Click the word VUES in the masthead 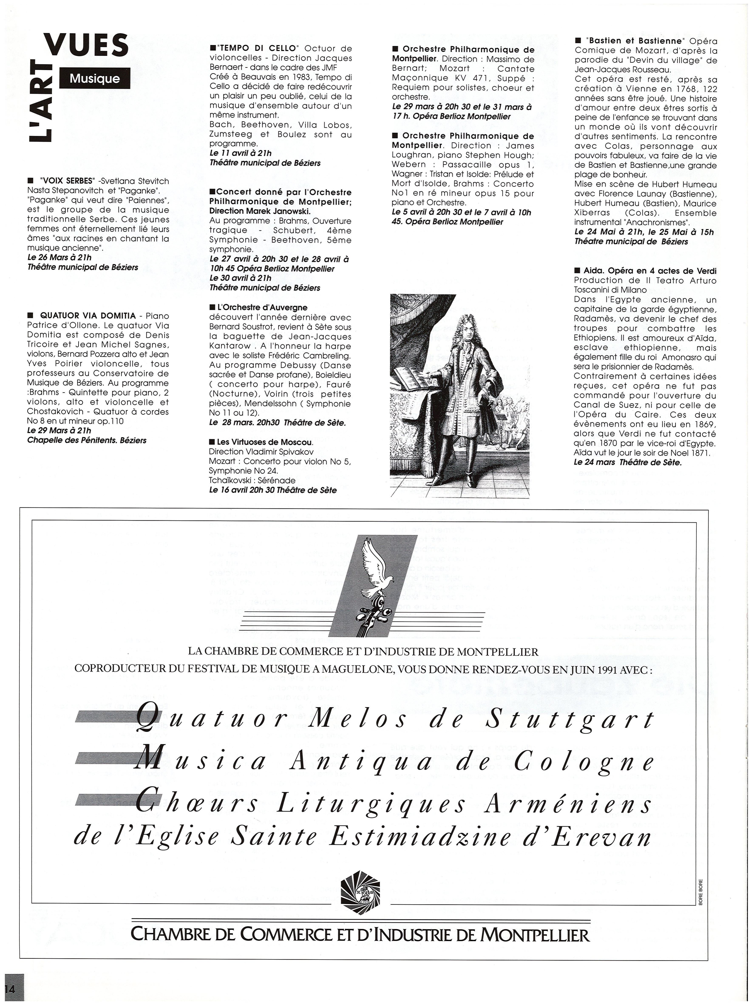[86, 45]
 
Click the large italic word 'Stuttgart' [570, 721]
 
